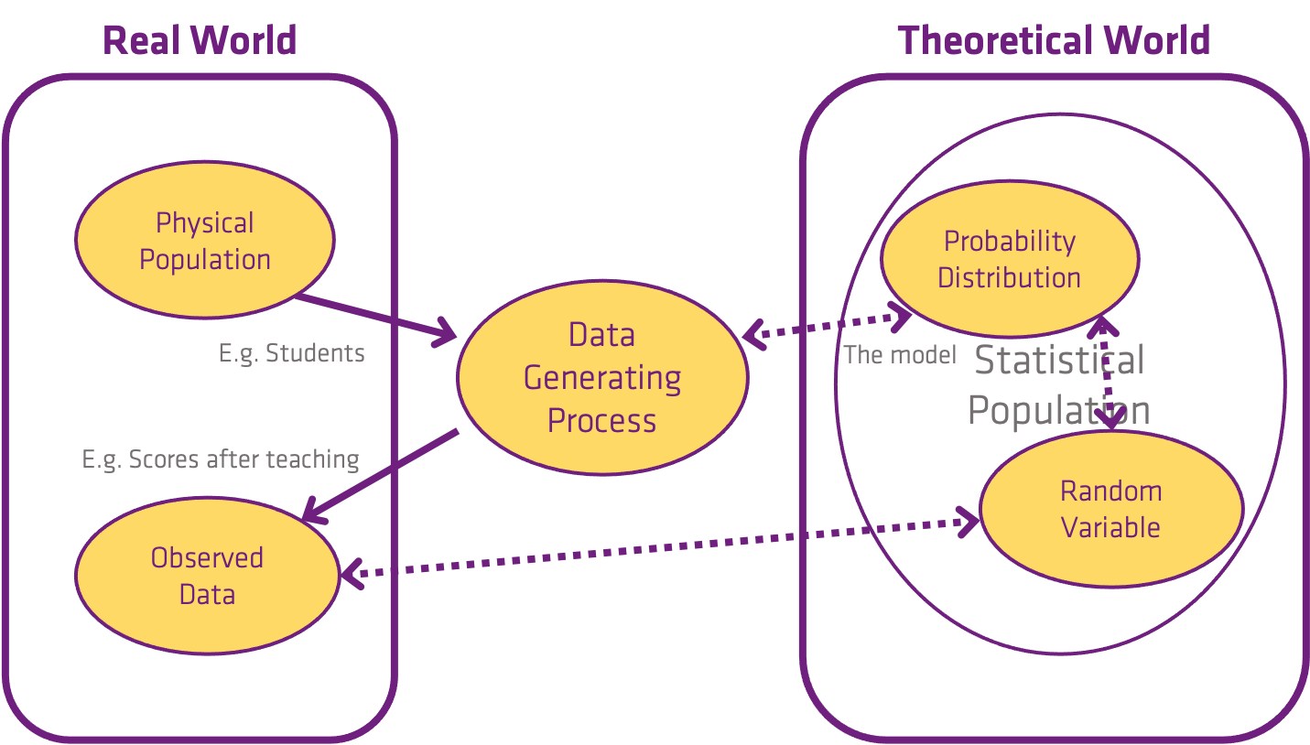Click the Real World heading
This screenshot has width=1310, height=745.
(200, 40)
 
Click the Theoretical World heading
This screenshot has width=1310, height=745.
(1054, 40)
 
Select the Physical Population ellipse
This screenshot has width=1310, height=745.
(205, 240)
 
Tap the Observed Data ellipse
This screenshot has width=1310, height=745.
(208, 576)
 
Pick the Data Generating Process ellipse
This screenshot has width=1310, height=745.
(602, 377)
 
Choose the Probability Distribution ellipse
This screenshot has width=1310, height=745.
(1010, 258)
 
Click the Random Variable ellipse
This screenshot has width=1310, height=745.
(1111, 509)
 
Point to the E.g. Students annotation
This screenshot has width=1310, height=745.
(291, 354)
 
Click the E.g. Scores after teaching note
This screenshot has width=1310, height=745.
(221, 459)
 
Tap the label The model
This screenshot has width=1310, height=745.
(900, 355)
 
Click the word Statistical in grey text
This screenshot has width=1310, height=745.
(1059, 360)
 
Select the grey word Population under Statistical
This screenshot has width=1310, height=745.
(1059, 410)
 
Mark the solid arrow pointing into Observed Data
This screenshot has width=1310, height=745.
(380, 476)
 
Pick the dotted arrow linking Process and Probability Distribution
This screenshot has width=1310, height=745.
(827, 327)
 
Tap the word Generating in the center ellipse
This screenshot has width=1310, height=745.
(602, 378)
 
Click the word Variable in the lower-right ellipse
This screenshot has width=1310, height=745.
(1110, 527)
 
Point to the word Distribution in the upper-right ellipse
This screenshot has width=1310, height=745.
(1009, 277)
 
